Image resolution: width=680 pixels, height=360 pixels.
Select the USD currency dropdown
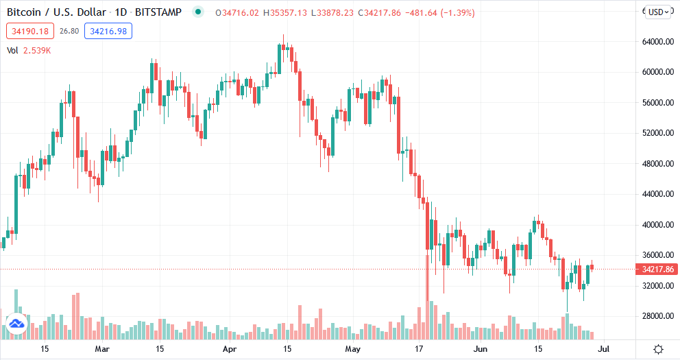pyautogui.click(x=659, y=12)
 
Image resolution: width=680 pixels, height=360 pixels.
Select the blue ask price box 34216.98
pyautogui.click(x=108, y=31)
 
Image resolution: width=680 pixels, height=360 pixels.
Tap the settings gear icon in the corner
pyautogui.click(x=658, y=350)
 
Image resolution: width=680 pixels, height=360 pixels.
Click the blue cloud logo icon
pyautogui.click(x=16, y=323)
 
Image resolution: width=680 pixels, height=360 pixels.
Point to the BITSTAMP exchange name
pyautogui.click(x=162, y=12)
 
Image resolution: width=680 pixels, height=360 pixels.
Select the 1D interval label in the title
pyautogui.click(x=125, y=12)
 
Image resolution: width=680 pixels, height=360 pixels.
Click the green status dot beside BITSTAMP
pyautogui.click(x=199, y=12)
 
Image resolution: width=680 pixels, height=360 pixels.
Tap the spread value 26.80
pyautogui.click(x=69, y=31)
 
